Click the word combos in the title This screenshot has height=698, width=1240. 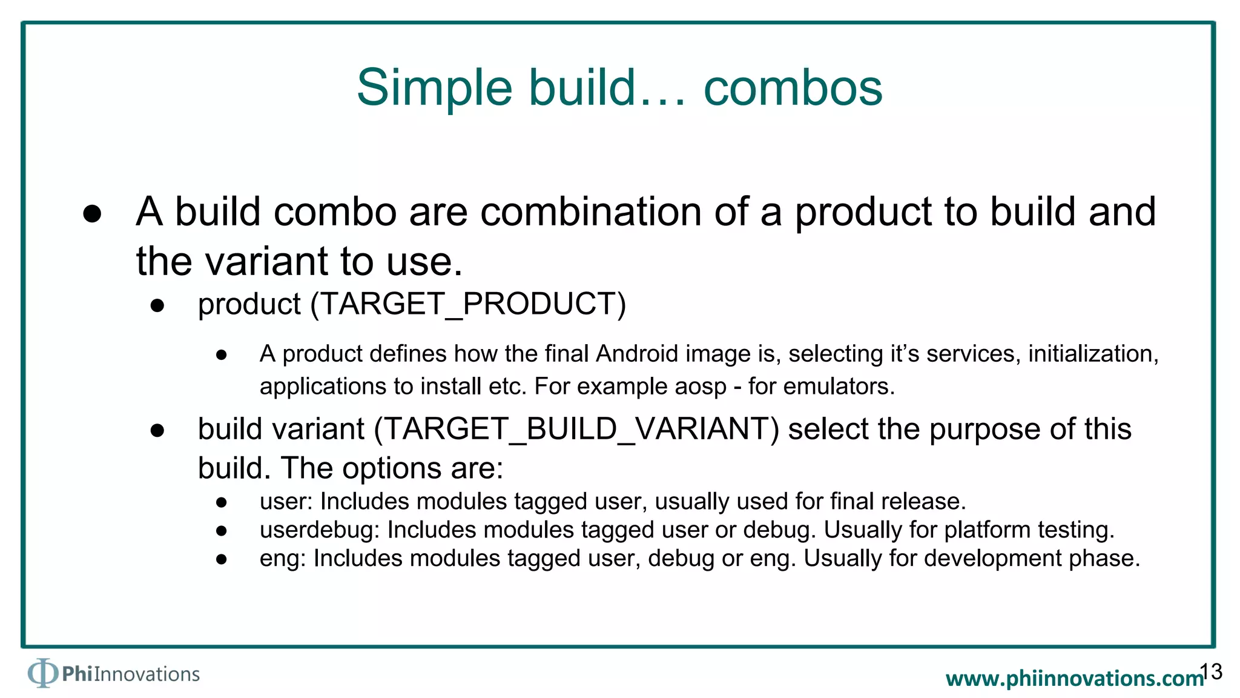point(793,88)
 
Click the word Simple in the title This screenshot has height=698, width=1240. point(434,88)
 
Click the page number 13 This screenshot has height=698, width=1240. point(1211,671)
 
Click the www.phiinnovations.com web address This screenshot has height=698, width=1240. point(1074,678)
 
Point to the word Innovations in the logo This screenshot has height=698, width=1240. point(147,674)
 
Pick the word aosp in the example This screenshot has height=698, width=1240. point(700,387)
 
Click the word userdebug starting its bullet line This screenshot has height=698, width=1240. point(318,530)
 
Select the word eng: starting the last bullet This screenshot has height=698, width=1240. point(282,559)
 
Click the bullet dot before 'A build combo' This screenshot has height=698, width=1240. point(92,213)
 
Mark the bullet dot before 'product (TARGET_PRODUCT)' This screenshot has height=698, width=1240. point(157,305)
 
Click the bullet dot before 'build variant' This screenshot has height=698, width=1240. point(157,431)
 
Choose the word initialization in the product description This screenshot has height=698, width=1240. point(1092,354)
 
